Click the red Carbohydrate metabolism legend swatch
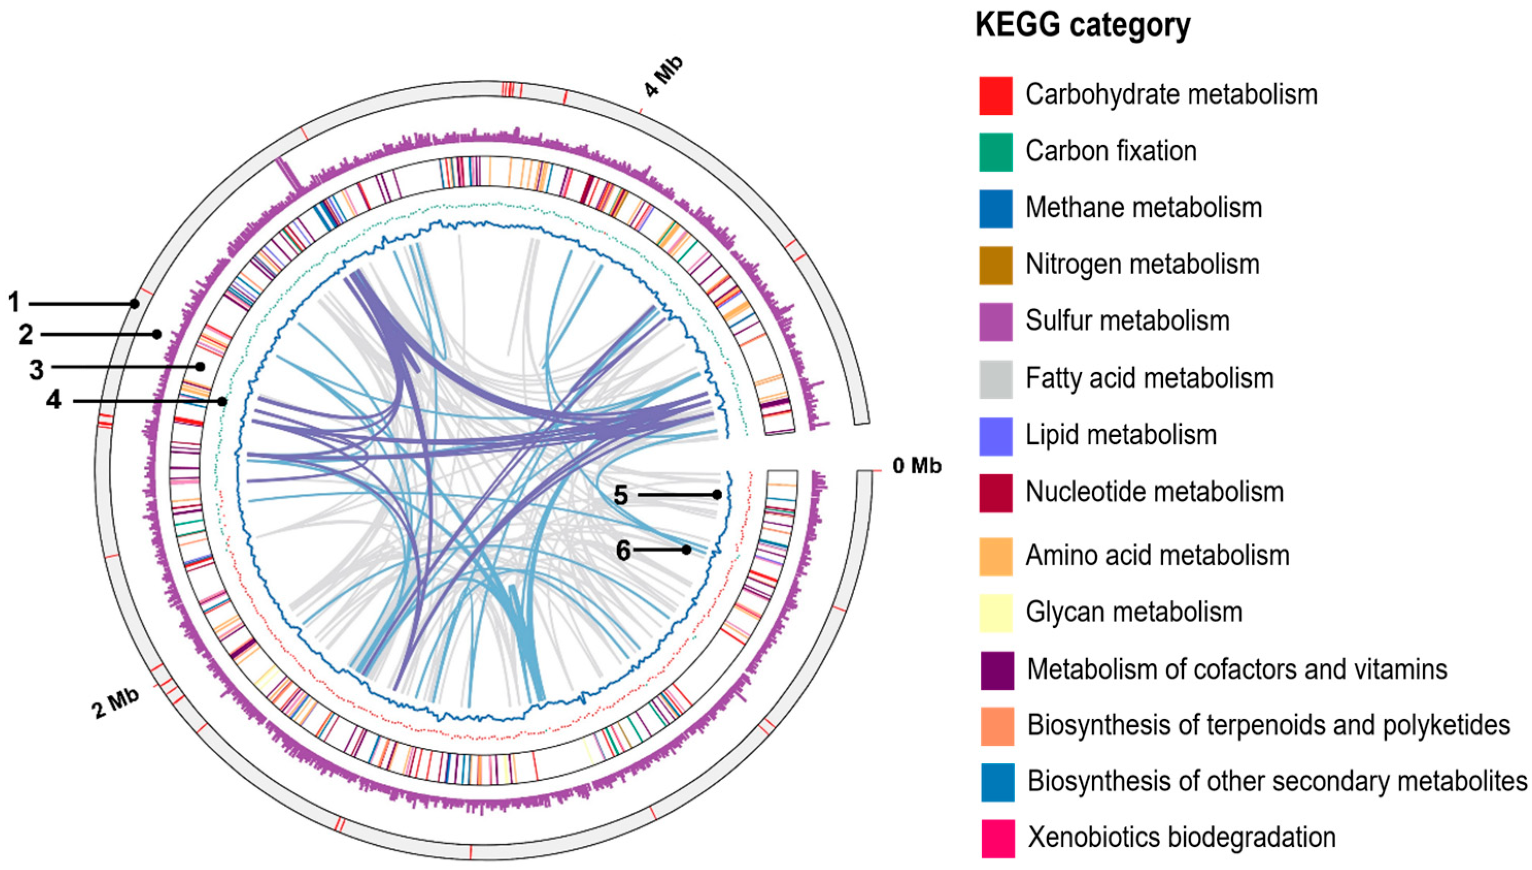coord(995,95)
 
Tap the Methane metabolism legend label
coord(1143,208)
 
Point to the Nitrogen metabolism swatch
coord(995,265)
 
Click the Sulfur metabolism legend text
coord(1127,321)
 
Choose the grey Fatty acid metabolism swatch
coord(995,379)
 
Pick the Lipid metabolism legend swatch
coord(995,436)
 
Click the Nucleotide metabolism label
coord(1154,492)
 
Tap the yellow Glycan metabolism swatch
coord(995,612)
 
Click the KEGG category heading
coord(1082,25)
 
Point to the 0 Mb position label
coord(916,466)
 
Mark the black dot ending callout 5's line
coord(717,495)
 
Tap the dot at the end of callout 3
coord(200,366)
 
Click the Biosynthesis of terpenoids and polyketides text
coord(1268,725)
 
